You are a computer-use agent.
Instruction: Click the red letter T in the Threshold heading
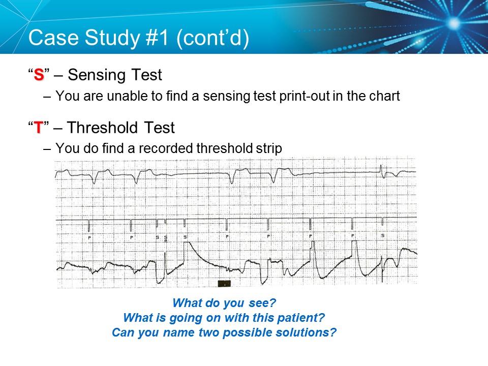(x=39, y=128)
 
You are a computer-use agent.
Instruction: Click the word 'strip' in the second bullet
(x=268, y=148)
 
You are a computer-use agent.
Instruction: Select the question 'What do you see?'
(x=224, y=303)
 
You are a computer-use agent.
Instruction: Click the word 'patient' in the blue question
(x=302, y=318)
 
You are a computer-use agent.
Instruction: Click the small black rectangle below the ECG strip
(x=224, y=283)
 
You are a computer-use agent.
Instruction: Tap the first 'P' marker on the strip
(x=89, y=237)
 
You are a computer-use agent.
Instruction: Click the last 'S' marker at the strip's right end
(x=383, y=236)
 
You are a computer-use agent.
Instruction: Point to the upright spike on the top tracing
(x=381, y=169)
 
